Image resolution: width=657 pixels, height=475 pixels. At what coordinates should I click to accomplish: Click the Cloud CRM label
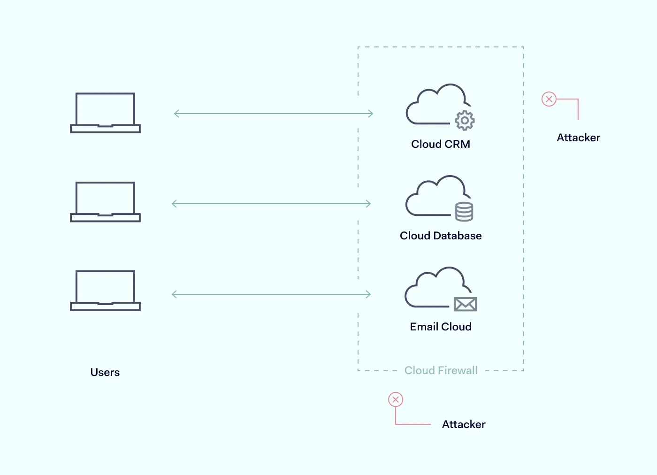pyautogui.click(x=441, y=144)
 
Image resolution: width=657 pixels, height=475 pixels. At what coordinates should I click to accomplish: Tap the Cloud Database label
pyautogui.click(x=441, y=236)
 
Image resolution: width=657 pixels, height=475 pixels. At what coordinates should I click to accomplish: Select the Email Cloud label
pyautogui.click(x=441, y=327)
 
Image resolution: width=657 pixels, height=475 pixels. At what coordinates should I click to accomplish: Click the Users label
pyautogui.click(x=105, y=372)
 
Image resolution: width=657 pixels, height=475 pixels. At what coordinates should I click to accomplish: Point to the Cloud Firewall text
pyautogui.click(x=441, y=370)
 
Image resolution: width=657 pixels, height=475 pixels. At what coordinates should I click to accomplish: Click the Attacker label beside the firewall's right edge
pyautogui.click(x=578, y=138)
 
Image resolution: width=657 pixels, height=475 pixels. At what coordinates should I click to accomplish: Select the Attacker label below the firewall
pyautogui.click(x=464, y=424)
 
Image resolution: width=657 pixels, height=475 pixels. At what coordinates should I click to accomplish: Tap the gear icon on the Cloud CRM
pyautogui.click(x=465, y=121)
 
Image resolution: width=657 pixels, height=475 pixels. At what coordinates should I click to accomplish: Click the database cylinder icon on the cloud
pyautogui.click(x=464, y=212)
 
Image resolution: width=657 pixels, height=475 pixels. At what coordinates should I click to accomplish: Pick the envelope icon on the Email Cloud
pyautogui.click(x=465, y=304)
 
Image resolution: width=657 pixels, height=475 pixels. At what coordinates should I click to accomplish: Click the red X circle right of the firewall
pyautogui.click(x=549, y=99)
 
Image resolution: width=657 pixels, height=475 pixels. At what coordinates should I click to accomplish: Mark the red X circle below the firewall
pyautogui.click(x=396, y=399)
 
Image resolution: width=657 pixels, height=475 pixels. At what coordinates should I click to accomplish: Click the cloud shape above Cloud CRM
pyautogui.click(x=435, y=106)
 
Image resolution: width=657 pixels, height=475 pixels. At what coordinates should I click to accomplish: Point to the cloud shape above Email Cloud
pyautogui.click(x=434, y=288)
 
